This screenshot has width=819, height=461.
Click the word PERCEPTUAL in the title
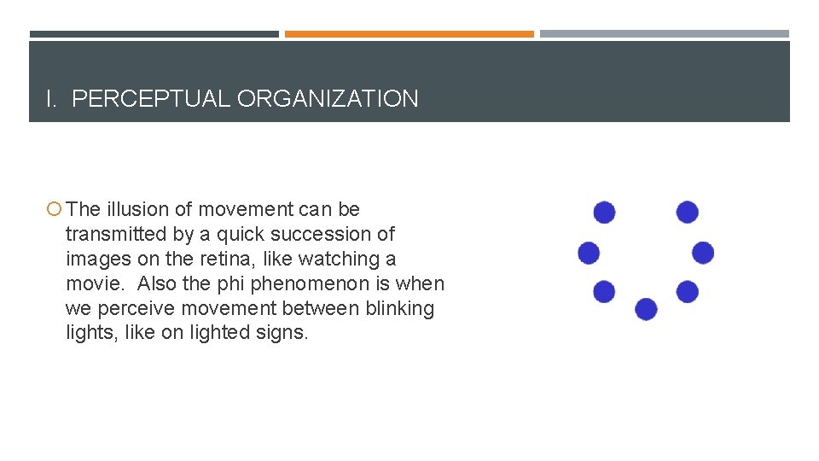(151, 99)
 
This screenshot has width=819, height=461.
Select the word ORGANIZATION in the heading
(328, 99)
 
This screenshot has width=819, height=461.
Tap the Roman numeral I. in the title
(52, 99)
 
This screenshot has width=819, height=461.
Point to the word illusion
(136, 209)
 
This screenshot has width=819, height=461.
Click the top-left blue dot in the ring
(604, 213)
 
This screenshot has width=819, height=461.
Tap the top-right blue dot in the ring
(687, 213)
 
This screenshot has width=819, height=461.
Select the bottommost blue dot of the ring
(646, 309)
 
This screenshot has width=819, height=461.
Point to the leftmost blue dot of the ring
(589, 253)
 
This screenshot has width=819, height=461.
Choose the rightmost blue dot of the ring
(703, 253)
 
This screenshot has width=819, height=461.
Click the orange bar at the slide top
(409, 34)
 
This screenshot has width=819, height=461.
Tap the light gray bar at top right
(664, 34)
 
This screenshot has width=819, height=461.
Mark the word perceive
(129, 308)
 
